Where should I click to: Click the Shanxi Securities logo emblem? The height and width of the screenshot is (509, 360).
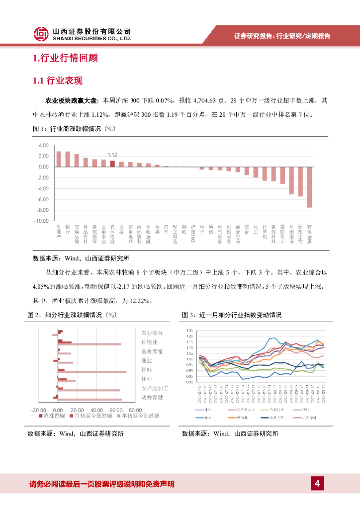tap(41, 34)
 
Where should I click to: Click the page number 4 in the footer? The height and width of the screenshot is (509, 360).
tap(317, 483)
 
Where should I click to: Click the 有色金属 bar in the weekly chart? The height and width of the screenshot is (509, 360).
tap(309, 187)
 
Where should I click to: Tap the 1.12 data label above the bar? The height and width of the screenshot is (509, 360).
tap(112, 155)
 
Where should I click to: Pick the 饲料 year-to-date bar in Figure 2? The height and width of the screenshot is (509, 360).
tap(92, 372)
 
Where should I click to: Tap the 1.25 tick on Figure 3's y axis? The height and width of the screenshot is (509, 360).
tap(189, 331)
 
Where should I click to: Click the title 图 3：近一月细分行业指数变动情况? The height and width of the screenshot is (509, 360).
tap(232, 315)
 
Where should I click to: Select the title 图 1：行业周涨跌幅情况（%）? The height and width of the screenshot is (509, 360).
tap(74, 129)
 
